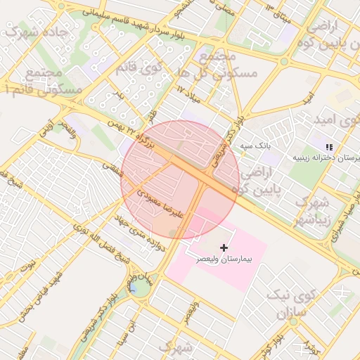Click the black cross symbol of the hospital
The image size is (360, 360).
[224, 247]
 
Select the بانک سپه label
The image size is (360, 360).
[255, 146]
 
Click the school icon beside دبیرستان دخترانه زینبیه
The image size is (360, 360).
[329, 147]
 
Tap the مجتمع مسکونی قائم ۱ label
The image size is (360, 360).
[44, 81]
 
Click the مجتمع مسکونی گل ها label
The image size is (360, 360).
[214, 63]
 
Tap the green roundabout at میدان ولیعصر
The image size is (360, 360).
[140, 287]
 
